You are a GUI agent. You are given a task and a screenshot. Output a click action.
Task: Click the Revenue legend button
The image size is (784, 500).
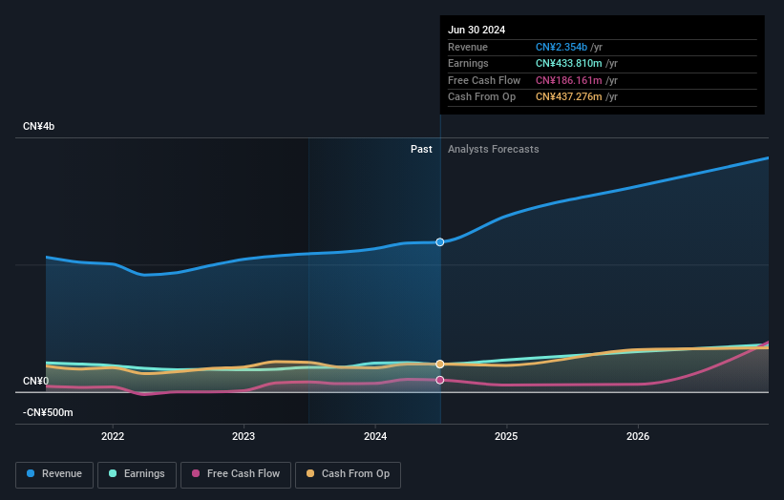54,473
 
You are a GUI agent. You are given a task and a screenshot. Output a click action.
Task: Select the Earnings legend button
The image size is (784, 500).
137,473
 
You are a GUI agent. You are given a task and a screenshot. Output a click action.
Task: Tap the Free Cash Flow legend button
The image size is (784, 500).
235,473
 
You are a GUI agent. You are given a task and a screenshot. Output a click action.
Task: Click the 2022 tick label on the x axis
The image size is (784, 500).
113,437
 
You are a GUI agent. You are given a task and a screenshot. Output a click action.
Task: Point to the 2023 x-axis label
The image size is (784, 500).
244,437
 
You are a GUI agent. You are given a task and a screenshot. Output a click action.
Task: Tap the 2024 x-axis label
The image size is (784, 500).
375,437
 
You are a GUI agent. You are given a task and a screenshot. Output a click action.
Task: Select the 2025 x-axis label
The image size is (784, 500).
506,437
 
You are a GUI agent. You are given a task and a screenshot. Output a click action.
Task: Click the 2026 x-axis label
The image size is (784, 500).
638,437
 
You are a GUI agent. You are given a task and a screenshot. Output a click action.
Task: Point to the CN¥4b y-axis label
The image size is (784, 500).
39,126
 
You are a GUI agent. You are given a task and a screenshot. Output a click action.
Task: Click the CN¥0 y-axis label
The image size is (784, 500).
35,381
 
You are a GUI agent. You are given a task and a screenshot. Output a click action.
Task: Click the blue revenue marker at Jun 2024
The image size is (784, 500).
440,242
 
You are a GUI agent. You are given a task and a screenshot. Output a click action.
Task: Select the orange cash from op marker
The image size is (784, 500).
440,365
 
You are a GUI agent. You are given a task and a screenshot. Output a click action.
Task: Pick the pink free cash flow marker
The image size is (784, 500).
440,380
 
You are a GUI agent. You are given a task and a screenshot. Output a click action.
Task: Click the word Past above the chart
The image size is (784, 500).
421,149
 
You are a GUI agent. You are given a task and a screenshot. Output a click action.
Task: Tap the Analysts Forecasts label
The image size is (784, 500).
493,149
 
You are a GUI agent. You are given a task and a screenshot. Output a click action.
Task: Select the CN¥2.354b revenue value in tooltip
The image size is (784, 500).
562,47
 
